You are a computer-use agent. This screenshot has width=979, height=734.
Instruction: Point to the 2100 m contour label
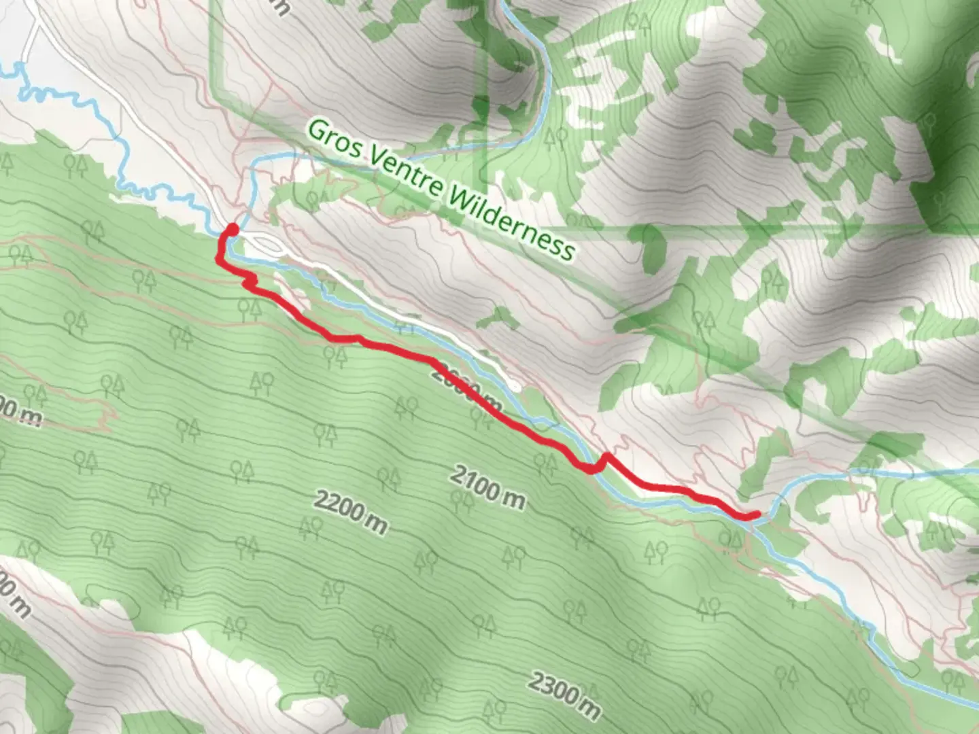pos(487,487)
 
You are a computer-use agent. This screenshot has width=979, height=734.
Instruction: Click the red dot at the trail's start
pos(232,230)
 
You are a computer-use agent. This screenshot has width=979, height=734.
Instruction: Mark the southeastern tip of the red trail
pos(756,514)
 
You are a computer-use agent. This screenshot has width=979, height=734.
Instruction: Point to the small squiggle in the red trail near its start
pos(251,280)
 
